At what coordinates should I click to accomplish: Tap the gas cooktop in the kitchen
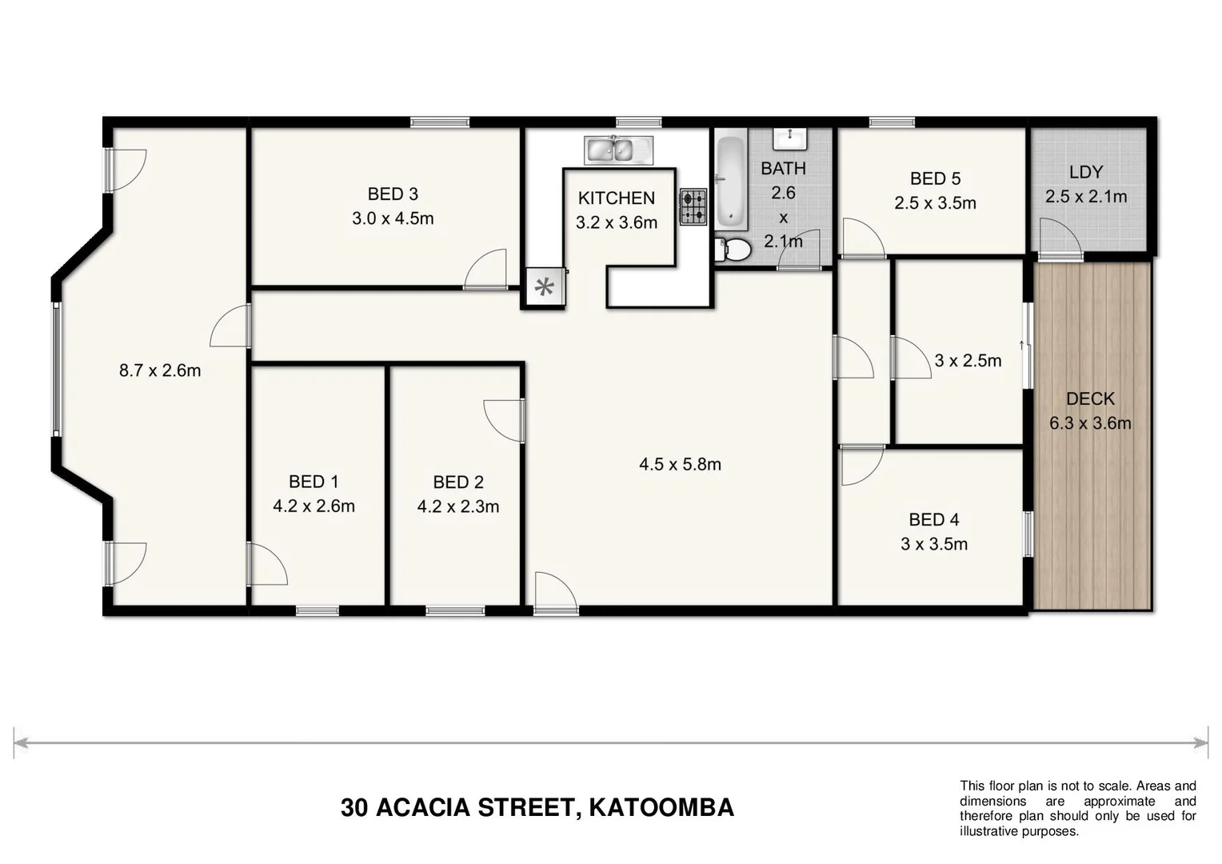[693, 206]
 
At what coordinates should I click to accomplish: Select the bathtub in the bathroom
[729, 182]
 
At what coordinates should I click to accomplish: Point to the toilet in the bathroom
[733, 250]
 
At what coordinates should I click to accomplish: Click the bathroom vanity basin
[790, 138]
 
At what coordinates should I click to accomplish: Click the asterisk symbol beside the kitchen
[545, 286]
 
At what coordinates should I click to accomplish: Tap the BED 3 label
[393, 194]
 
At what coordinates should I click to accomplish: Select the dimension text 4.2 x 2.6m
[313, 506]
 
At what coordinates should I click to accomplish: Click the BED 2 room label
[457, 482]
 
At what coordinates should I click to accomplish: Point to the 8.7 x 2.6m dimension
[160, 370]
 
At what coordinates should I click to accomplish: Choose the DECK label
[1090, 398]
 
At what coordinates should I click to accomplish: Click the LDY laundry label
[1085, 171]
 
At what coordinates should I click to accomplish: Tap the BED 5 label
[935, 178]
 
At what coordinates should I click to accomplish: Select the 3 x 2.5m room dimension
[968, 360]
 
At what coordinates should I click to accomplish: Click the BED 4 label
[933, 519]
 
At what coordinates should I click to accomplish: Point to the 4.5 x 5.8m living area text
[680, 464]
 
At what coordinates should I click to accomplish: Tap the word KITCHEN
[616, 198]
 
